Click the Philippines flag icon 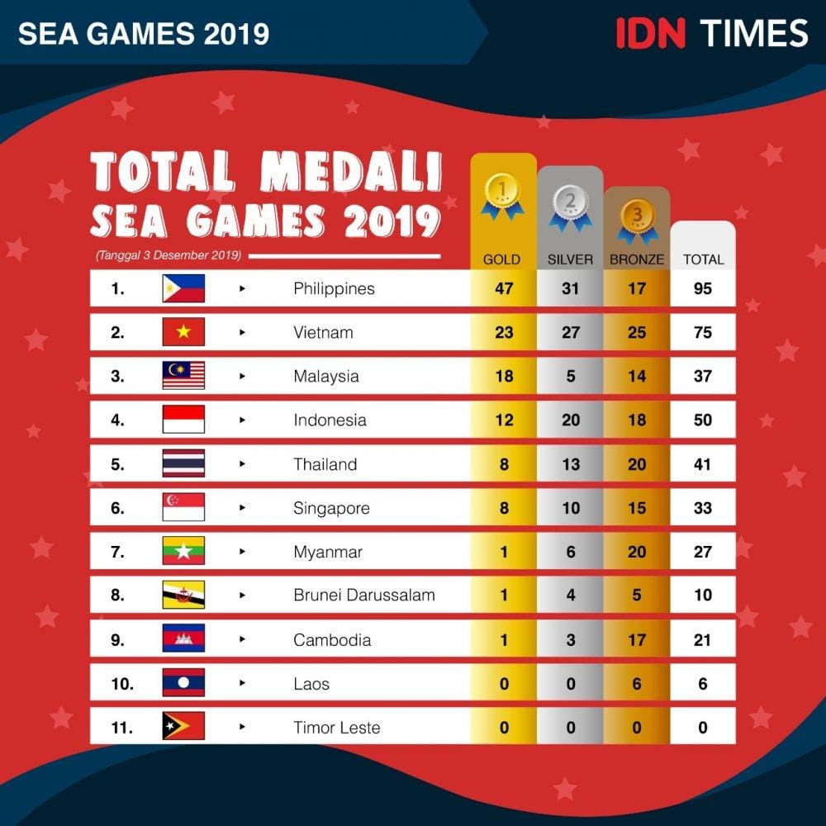[183, 288]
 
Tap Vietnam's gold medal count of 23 [504, 333]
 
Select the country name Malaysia [326, 376]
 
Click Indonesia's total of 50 [703, 420]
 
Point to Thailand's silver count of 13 [571, 464]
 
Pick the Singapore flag [183, 507]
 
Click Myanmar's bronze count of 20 [637, 552]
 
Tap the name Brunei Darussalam [364, 595]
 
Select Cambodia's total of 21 [703, 640]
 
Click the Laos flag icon [183, 683]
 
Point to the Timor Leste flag [183, 727]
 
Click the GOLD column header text [502, 259]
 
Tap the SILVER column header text [570, 259]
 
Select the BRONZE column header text [637, 259]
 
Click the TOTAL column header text [703, 259]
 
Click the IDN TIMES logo [711, 33]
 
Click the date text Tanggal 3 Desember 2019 [169, 255]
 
